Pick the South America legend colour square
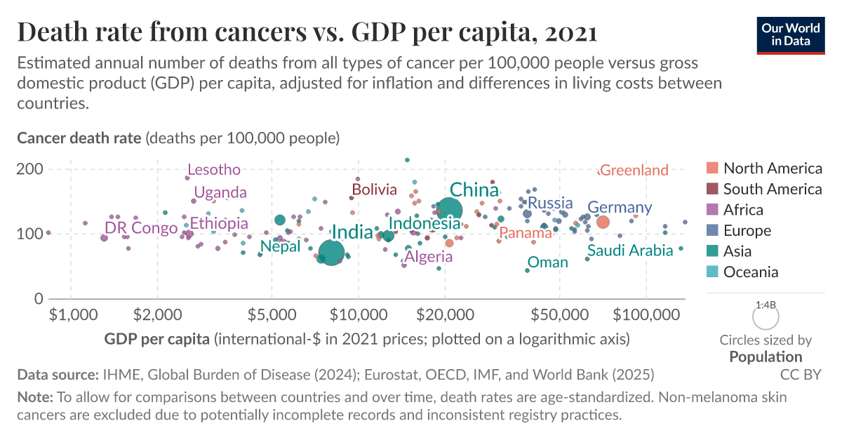pos(712,189)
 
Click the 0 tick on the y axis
pos(39,299)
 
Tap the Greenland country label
pos(634,171)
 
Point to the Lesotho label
pos(214,170)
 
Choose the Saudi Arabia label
pos(630,251)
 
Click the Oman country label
pos(547,262)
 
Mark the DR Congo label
pos(141,228)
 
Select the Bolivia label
pos(374,189)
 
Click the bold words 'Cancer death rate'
pos(79,138)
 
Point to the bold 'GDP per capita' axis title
pos(157,340)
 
